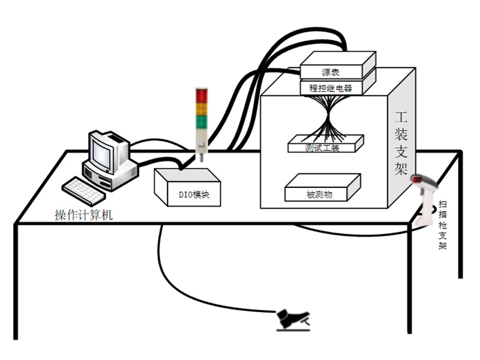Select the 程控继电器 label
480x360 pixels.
click(x=330, y=88)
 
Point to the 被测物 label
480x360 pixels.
click(x=319, y=194)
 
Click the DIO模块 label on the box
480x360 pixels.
click(x=187, y=194)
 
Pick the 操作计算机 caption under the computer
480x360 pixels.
click(x=83, y=215)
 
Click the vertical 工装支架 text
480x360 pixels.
click(x=401, y=142)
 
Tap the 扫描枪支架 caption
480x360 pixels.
click(x=443, y=226)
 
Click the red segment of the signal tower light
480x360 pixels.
click(x=202, y=96)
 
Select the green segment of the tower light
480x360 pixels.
click(x=202, y=121)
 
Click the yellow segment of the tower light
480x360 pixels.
click(x=202, y=109)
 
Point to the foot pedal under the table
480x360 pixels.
click(x=292, y=320)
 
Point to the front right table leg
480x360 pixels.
click(x=410, y=282)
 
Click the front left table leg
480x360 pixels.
click(x=16, y=282)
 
